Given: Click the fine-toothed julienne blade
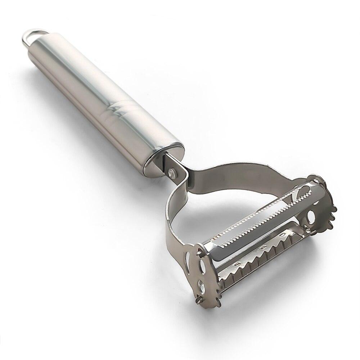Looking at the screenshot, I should [259, 216].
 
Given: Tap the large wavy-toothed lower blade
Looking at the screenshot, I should [266, 252].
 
